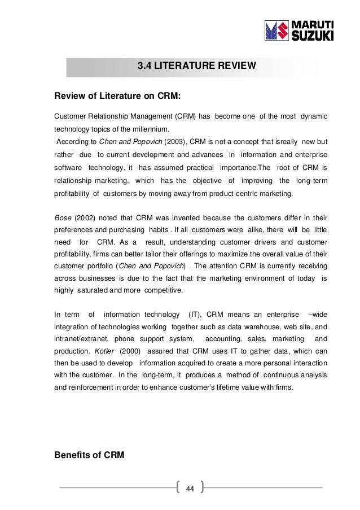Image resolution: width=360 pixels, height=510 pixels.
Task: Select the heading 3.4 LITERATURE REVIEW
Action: [x=197, y=67]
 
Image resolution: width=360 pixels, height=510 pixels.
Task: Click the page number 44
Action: [x=190, y=488]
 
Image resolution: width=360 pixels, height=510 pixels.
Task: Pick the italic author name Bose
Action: [x=63, y=218]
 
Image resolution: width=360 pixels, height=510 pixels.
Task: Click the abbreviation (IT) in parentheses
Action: [x=189, y=314]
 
